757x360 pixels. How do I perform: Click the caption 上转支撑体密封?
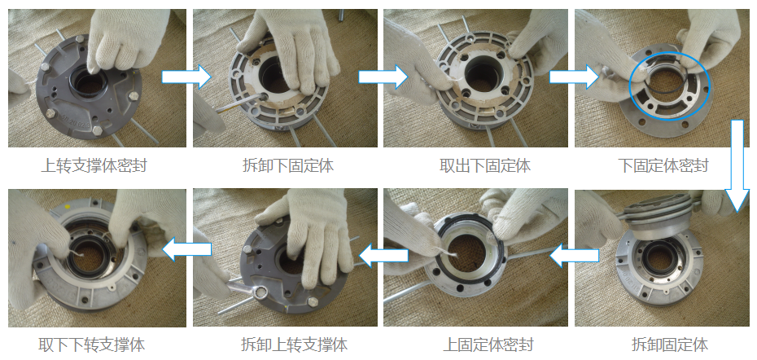click(94, 165)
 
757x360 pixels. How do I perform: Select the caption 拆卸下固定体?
click(288, 165)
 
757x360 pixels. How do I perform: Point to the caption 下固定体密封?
click(663, 165)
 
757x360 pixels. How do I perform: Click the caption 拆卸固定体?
click(670, 345)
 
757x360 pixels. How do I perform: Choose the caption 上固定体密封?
click(488, 345)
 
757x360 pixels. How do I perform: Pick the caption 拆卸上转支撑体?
click(294, 345)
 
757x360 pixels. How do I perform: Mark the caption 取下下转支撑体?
click(92, 345)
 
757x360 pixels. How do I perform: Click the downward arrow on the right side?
click(737, 165)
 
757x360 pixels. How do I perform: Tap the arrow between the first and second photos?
click(186, 77)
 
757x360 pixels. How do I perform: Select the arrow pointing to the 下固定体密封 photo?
click(575, 77)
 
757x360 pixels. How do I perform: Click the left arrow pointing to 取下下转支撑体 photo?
click(187, 249)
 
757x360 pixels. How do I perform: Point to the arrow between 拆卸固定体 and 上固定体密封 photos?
click(575, 255)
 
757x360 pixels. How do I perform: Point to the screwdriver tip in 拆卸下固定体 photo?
click(265, 97)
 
